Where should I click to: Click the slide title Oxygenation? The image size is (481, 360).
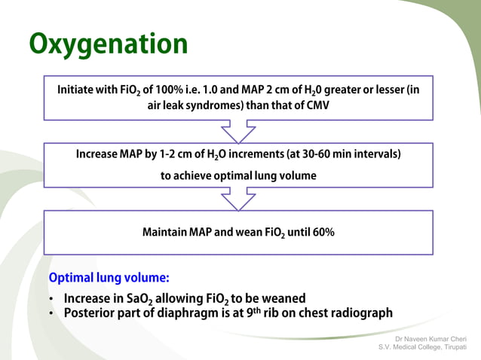coord(109,44)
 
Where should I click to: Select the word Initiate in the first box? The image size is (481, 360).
coord(78,90)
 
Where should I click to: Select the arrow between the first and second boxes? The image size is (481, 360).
coord(238,132)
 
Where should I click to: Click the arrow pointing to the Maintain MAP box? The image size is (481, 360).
coord(238,200)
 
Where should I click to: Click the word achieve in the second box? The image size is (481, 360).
coord(193,175)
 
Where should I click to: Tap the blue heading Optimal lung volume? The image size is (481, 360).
coord(109,277)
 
